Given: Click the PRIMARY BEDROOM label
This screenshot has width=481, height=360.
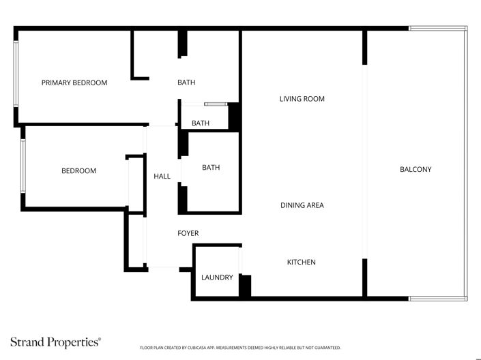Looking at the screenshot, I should click(74, 82).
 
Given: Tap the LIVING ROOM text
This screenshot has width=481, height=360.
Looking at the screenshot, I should click(302, 99).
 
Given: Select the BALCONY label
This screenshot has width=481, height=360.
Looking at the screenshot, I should click(416, 170).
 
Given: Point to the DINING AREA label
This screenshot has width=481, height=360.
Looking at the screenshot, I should click(302, 205).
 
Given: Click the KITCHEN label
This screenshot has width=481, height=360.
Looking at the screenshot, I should click(301, 262).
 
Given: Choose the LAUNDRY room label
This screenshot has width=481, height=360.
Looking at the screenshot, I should click(217, 277).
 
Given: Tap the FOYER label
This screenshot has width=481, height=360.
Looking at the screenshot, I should click(188, 233).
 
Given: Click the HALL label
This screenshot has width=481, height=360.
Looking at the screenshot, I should click(162, 176).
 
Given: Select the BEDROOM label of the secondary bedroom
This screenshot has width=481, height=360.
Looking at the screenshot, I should click(78, 170).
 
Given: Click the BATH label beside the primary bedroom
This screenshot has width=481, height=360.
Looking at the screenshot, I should click(186, 82).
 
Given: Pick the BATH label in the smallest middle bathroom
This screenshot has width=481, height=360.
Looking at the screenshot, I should click(201, 123).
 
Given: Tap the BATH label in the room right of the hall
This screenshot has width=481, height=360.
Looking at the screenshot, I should click(211, 167).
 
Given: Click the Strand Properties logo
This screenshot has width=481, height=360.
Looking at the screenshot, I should click(55, 341).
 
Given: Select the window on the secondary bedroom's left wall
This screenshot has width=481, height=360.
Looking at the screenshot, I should click(23, 166).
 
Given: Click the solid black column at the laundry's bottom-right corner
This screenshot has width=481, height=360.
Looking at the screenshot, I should click(245, 286).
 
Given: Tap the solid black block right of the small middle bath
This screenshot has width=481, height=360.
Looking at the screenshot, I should click(234, 117).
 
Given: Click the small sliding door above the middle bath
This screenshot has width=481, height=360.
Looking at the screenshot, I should click(215, 104).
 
